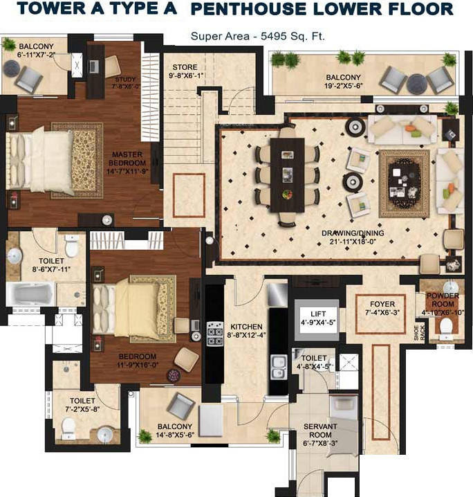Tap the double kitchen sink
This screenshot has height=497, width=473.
(279, 364)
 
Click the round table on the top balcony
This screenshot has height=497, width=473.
(418, 83)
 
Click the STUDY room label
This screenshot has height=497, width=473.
(125, 82)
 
